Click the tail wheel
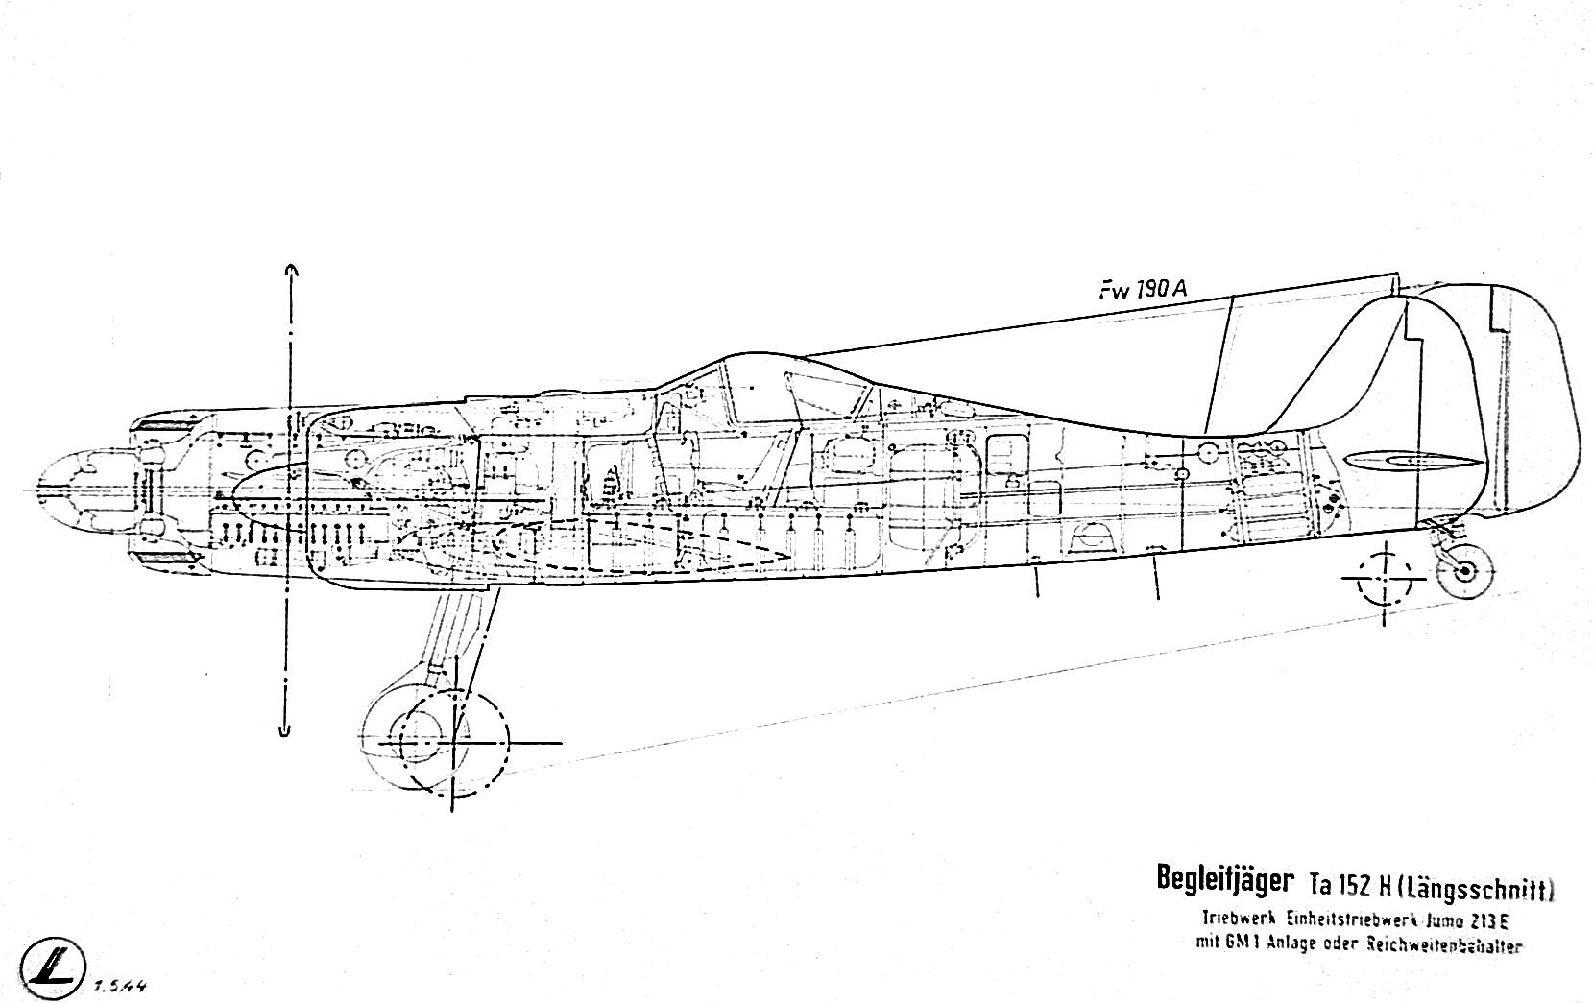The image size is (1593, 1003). pos(1465,572)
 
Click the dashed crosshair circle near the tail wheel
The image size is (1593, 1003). pos(1385,578)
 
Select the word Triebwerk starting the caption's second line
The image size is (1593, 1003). pos(1234,918)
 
